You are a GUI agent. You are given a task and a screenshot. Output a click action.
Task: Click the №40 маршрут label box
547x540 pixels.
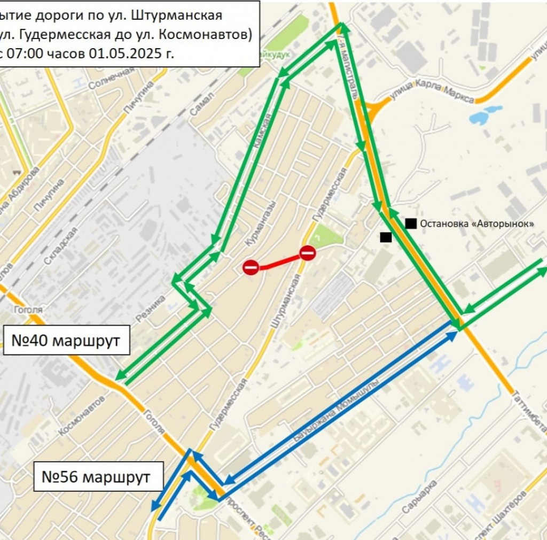tap(66, 340)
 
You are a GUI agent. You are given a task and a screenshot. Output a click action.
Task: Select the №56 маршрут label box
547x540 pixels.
tap(98, 476)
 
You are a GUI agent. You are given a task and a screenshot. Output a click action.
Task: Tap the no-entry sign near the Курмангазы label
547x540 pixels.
tap(251, 267)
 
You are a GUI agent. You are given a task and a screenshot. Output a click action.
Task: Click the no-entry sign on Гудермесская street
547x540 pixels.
tap(308, 253)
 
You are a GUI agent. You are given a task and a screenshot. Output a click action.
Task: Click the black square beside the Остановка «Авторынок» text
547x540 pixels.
tap(411, 223)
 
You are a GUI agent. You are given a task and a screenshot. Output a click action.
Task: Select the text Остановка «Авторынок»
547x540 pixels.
tap(477, 224)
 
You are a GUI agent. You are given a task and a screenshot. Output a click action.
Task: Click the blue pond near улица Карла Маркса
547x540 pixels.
tap(483, 114)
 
